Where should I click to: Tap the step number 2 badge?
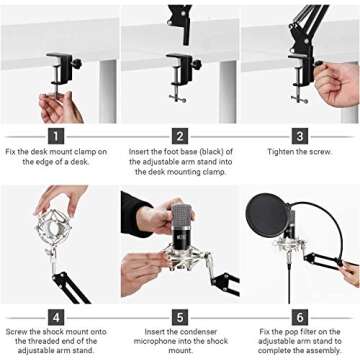pos(180,135)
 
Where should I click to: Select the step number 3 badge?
pos(300,135)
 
